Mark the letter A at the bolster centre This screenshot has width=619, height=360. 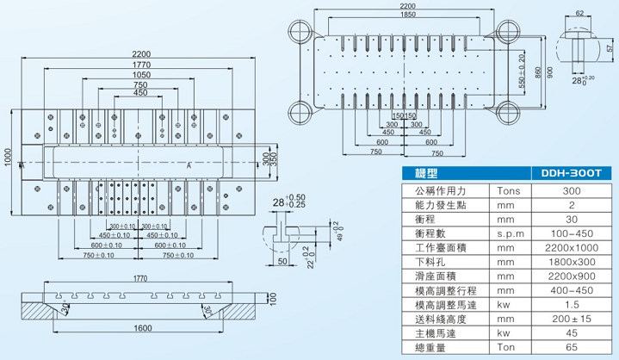(x=189, y=164)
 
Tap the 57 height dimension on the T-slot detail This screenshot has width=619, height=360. (x=610, y=49)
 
